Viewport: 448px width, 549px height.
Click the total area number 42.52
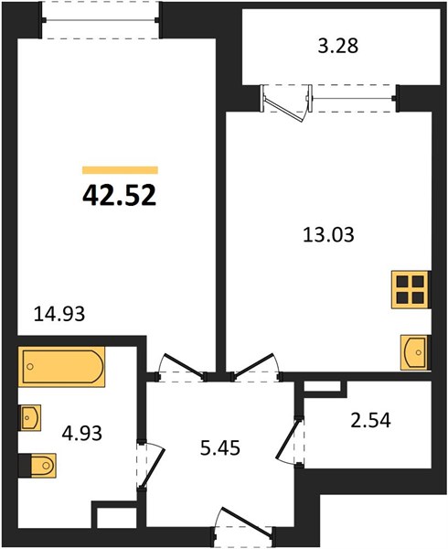point(120,195)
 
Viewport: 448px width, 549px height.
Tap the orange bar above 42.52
point(120,169)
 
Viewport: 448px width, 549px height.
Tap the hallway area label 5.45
point(219,450)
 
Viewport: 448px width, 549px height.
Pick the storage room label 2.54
point(370,423)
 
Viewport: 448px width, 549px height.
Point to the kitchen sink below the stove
point(413,350)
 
